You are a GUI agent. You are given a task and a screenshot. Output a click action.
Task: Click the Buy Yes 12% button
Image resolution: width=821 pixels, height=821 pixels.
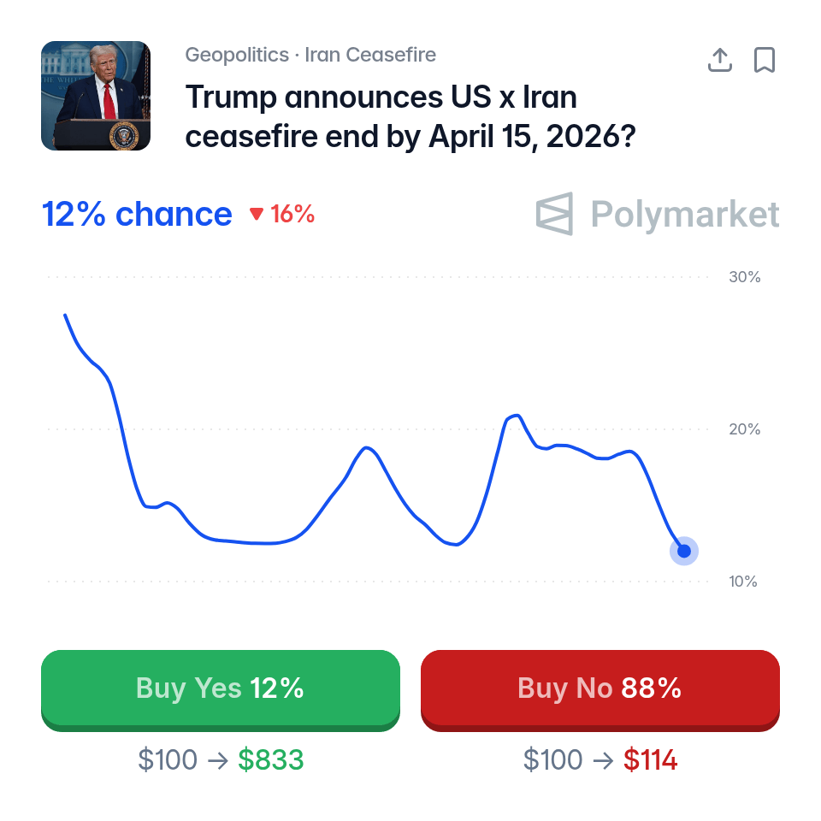(220, 688)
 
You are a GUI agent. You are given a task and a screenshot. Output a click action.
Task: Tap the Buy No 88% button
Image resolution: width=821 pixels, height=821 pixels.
(600, 688)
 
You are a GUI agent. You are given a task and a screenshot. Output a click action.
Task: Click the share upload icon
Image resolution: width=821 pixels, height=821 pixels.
(720, 60)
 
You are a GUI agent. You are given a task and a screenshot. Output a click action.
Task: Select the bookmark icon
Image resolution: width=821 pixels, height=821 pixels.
(764, 60)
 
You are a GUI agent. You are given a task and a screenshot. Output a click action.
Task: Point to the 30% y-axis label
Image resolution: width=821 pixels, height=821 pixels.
(744, 277)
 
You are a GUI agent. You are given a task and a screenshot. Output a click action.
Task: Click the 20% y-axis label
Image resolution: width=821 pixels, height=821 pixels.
(744, 429)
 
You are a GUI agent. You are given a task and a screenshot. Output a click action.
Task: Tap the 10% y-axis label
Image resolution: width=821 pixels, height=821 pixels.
(744, 582)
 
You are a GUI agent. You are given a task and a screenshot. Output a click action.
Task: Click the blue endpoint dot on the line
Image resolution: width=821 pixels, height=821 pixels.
(684, 551)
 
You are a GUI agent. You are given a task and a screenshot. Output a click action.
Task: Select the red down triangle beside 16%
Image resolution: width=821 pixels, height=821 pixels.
(257, 215)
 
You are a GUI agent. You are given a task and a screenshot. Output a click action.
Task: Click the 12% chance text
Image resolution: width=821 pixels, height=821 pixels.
(137, 215)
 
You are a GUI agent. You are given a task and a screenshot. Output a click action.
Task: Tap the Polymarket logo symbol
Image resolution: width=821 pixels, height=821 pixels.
(554, 214)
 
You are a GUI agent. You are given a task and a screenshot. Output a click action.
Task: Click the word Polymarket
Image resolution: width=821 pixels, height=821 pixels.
(685, 214)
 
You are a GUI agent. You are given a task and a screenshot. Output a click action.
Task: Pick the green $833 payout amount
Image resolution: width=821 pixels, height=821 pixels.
(270, 759)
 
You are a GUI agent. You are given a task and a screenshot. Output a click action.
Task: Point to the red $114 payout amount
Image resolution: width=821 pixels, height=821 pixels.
(650, 759)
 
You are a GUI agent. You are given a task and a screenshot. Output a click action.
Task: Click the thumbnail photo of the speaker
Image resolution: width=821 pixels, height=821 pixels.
(96, 96)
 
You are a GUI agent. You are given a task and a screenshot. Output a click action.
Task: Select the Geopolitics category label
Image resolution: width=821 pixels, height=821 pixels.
(237, 56)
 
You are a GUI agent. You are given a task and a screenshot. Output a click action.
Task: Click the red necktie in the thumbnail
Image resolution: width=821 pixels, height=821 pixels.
(109, 102)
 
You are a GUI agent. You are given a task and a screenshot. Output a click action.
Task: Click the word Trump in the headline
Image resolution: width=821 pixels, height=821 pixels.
(231, 97)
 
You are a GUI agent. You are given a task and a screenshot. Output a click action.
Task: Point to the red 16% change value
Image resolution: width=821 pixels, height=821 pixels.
(292, 215)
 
